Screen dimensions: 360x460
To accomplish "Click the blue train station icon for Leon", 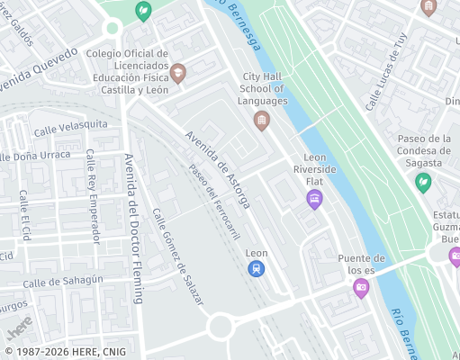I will tap(257, 269).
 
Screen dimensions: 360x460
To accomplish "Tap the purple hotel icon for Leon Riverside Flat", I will tap(314, 199).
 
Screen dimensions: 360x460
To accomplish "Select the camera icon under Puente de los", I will tap(361, 288).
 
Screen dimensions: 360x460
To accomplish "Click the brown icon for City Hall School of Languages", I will tap(262, 121).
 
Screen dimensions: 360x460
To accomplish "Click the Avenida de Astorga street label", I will tap(216, 170).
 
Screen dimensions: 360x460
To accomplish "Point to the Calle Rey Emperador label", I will tap(92, 195).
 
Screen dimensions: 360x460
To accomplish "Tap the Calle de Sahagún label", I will tap(63, 281).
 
